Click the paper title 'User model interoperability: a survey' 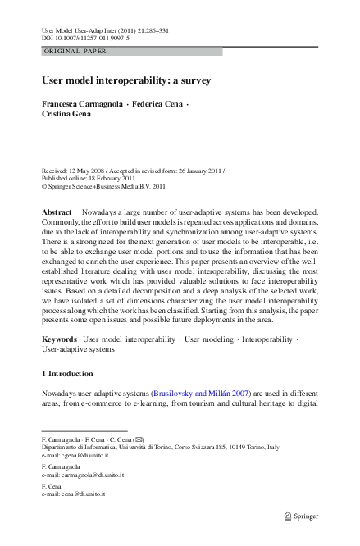(126, 81)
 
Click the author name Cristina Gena (68, 116)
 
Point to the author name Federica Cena (161, 106)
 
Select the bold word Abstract (57, 212)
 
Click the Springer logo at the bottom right (303, 516)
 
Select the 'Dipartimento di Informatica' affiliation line (161, 447)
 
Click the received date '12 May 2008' (89, 171)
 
